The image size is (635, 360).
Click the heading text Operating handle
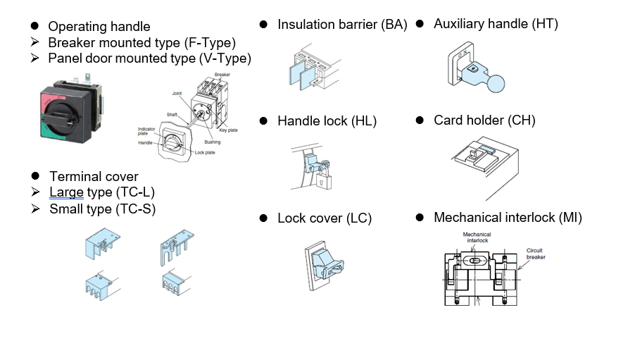coord(99,27)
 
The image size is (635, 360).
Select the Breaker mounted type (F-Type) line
coord(142,42)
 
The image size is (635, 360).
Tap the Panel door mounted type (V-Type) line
coord(149,58)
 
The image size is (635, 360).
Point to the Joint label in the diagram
coord(177,93)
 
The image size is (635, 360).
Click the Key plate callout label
coord(229,130)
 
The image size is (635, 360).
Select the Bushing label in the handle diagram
coord(212,142)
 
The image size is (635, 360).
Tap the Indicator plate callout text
coord(146,130)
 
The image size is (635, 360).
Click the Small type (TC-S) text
coord(102,209)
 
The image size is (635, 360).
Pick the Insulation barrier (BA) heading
coord(342,25)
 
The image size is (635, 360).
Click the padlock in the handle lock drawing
coord(322,183)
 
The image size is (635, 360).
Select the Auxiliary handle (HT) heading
coord(496,24)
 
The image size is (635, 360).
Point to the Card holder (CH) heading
coord(484,120)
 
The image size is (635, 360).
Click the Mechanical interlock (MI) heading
coord(508,218)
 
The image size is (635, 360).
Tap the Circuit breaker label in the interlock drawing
coord(536,254)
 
